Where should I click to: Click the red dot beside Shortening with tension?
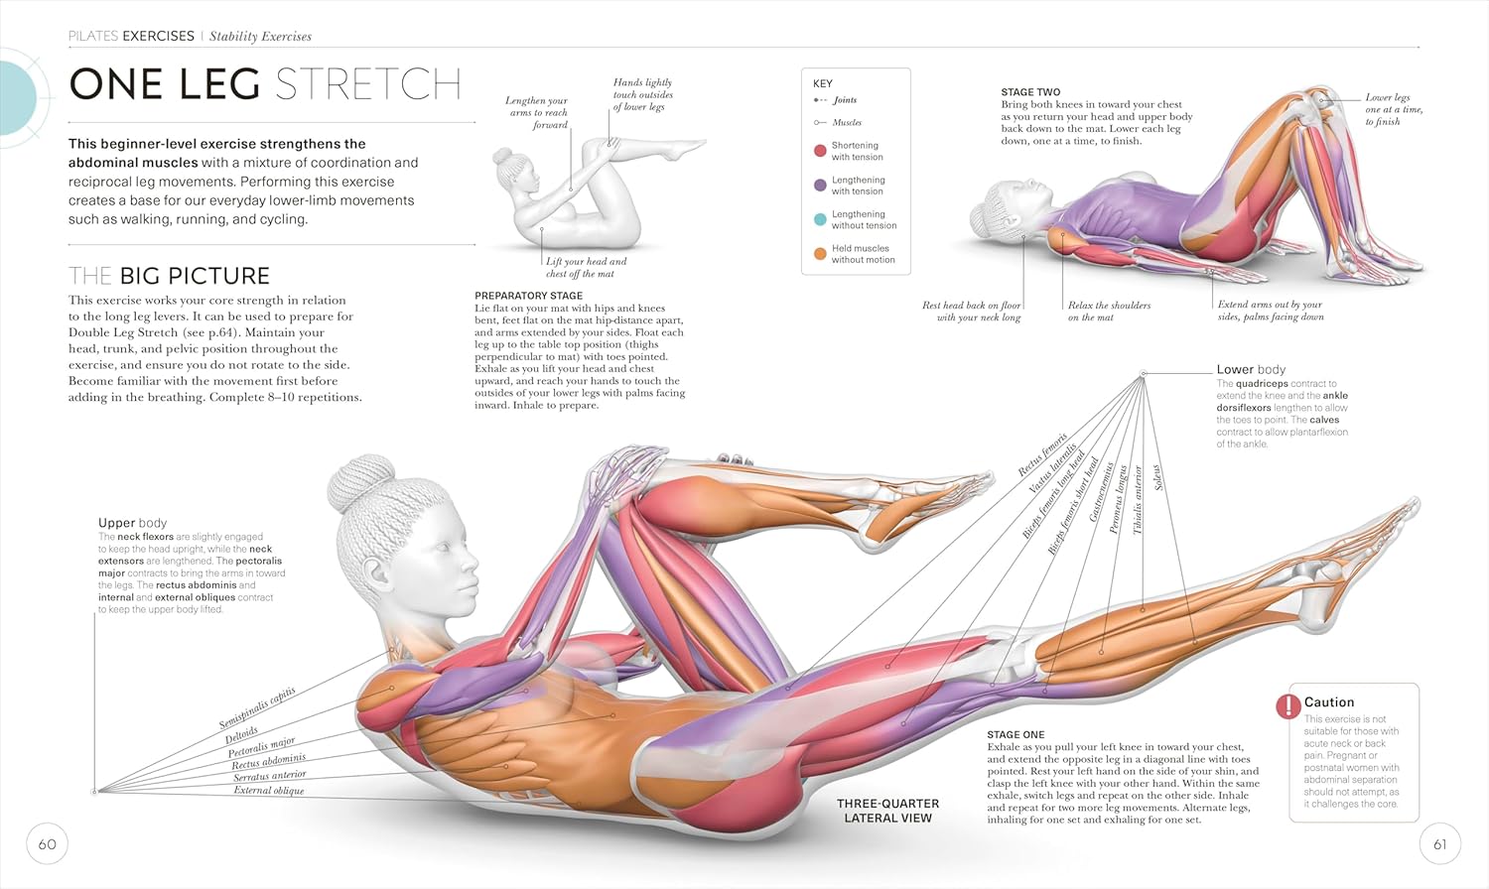pos(820,151)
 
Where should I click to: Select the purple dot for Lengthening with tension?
pos(820,186)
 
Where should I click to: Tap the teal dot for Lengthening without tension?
pos(820,219)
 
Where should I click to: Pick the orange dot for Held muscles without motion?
pos(820,254)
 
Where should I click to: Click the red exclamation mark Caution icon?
pos(1288,706)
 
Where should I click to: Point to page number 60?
pos(48,843)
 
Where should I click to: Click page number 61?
pos(1439,843)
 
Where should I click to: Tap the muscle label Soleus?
pos(1158,477)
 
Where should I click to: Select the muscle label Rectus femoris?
pos(1042,454)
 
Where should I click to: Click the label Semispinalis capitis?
pos(257,707)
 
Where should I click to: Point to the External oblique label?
pos(269,790)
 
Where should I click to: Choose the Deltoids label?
pos(241,735)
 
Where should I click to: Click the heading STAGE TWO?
pos(1030,92)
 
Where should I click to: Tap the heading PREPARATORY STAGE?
pos(528,296)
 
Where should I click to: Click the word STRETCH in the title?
pos(368,84)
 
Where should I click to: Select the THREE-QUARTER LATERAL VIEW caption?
pos(888,811)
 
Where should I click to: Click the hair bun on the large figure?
pos(361,483)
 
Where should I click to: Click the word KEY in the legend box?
pos(822,83)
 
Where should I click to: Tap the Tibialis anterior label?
pos(1138,500)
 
